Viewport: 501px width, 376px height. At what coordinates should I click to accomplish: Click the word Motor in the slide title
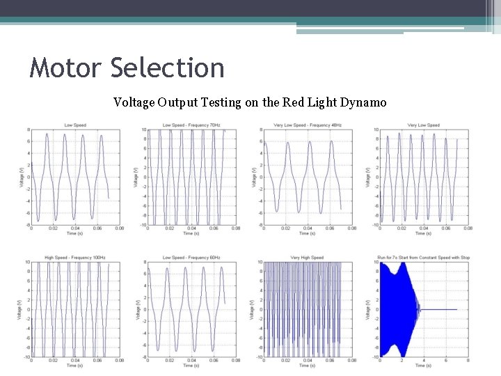pyautogui.click(x=65, y=68)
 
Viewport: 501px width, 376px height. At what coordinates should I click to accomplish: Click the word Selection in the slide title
pyautogui.click(x=167, y=68)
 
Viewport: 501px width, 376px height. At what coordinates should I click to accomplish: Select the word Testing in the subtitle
pyautogui.click(x=219, y=102)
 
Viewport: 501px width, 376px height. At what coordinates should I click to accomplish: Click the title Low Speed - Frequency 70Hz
pyautogui.click(x=191, y=125)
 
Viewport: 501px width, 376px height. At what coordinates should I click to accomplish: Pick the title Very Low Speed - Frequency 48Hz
pyautogui.click(x=308, y=125)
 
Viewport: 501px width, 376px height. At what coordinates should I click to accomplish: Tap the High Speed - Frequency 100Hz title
pyautogui.click(x=75, y=258)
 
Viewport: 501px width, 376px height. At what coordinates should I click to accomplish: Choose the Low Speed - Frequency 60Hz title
pyautogui.click(x=191, y=258)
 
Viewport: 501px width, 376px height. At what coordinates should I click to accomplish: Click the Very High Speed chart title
pyautogui.click(x=308, y=258)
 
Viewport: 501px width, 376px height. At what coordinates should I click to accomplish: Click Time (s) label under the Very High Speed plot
pyautogui.click(x=308, y=366)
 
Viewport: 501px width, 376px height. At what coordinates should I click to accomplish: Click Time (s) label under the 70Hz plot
pyautogui.click(x=191, y=233)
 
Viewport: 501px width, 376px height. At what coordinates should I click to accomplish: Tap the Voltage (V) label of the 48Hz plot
pyautogui.click(x=253, y=177)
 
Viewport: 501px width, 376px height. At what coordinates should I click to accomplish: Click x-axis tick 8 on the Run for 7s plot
pyautogui.click(x=468, y=361)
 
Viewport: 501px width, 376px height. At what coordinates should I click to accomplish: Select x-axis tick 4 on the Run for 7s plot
pyautogui.click(x=424, y=361)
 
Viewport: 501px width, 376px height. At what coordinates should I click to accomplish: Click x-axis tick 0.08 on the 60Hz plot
pyautogui.click(x=236, y=361)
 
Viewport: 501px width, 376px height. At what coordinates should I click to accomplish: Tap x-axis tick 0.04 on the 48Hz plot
pyautogui.click(x=308, y=228)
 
